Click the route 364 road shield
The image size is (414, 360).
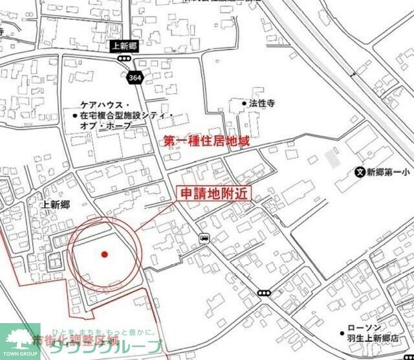(135, 77)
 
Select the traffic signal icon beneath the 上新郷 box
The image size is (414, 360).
(123, 58)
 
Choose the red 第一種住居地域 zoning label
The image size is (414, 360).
(206, 140)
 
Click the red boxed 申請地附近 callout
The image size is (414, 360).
(213, 194)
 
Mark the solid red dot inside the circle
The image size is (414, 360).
(104, 254)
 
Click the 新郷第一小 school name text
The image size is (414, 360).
(389, 173)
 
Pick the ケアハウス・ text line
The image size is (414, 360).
(107, 104)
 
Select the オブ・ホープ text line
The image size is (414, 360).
(107, 126)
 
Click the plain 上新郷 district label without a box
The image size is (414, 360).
(55, 205)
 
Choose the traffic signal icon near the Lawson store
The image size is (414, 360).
(263, 293)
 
